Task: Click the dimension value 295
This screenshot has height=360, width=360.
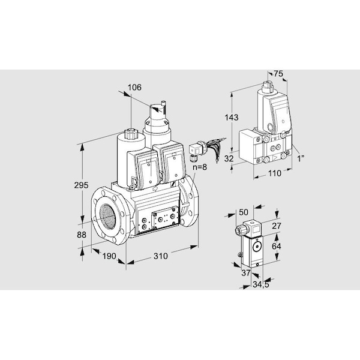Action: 81,185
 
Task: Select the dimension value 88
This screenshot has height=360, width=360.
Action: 82,235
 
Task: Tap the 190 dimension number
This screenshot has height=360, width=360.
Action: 109,256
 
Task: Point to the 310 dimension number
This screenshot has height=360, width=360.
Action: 161,256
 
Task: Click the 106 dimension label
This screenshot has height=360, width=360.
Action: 134,88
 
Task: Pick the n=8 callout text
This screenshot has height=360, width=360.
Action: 200,167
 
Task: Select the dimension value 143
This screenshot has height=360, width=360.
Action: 232,118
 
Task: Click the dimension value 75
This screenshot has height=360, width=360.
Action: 278,74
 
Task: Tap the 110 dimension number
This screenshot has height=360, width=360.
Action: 275,173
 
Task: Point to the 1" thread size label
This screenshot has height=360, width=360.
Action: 301,158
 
